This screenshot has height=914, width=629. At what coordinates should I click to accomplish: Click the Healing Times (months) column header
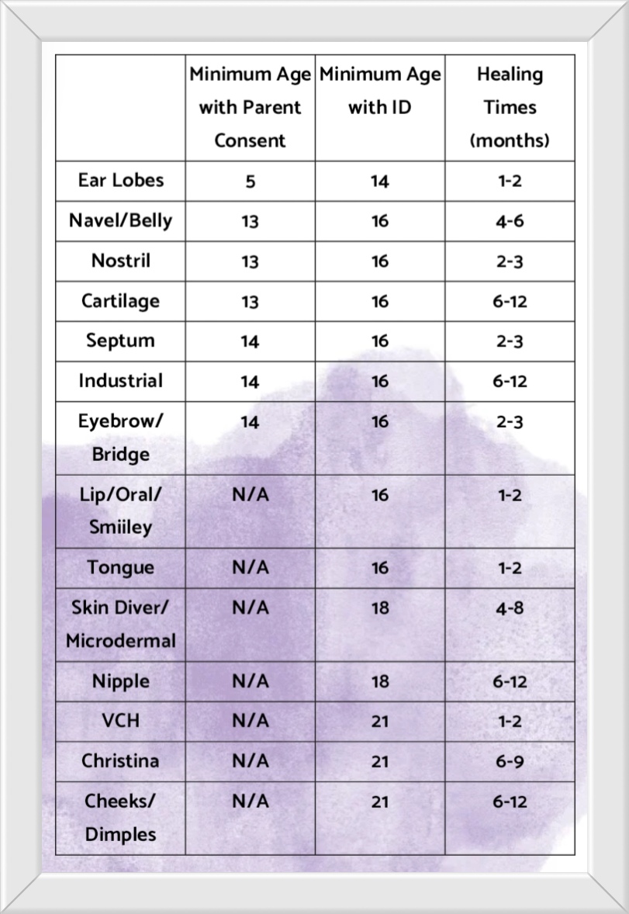510,107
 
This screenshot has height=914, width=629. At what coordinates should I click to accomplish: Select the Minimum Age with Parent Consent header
250,107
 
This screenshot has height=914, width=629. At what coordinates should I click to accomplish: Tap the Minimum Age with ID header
379,91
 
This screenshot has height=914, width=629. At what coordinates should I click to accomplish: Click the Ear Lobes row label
121,180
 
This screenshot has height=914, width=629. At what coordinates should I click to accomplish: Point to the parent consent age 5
250,182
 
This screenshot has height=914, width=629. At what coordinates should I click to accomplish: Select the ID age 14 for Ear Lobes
379,182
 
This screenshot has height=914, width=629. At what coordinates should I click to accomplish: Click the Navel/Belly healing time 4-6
509,221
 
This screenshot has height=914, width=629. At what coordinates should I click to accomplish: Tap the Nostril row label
121,260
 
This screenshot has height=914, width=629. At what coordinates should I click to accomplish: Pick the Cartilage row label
120,300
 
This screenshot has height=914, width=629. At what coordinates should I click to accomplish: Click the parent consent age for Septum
250,341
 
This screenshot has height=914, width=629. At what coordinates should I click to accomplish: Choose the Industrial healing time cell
509,382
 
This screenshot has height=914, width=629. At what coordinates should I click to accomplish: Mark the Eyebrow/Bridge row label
120,437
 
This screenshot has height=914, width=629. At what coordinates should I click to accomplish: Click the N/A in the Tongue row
250,568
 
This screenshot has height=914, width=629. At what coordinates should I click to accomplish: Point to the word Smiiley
120,528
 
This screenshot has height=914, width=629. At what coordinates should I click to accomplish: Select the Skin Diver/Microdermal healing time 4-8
509,608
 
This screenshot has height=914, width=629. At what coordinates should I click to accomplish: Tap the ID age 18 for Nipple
379,682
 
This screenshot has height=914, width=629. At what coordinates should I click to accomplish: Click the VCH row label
121,721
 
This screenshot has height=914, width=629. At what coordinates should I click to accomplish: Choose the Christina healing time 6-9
509,761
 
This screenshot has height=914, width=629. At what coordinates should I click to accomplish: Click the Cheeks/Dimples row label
120,817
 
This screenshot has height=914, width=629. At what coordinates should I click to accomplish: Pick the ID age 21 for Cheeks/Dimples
379,801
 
